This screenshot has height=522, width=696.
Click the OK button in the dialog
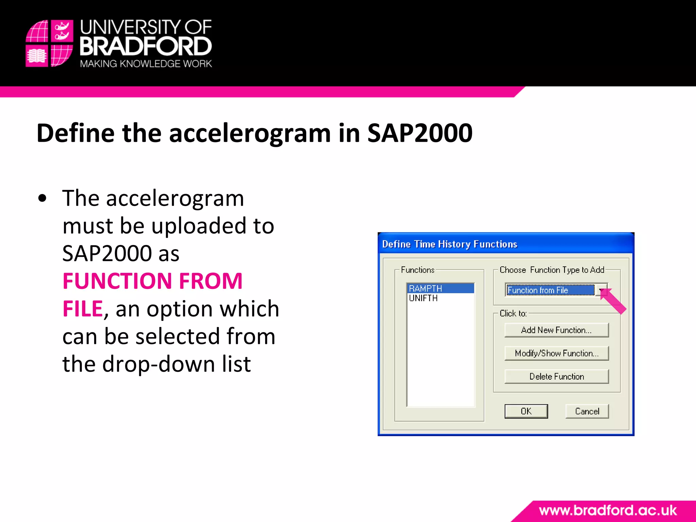click(526, 411)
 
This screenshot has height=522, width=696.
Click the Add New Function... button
click(556, 330)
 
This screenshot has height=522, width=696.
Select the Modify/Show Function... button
click(556, 353)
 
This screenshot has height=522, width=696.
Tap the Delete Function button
click(556, 377)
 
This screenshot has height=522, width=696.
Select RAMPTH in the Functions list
click(425, 289)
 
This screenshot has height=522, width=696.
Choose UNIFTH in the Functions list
click(423, 298)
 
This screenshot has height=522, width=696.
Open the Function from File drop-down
click(601, 290)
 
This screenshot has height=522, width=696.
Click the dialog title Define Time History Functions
click(449, 244)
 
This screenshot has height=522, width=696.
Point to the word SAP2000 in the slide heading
click(420, 133)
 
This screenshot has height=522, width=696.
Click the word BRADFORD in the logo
click(146, 47)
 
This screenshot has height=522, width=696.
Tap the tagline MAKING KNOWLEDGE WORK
click(146, 64)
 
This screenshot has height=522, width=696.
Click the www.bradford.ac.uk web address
click(608, 510)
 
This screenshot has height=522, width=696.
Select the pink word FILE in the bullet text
click(83, 309)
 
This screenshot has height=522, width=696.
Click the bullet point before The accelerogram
click(42, 198)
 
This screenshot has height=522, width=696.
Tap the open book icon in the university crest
click(37, 56)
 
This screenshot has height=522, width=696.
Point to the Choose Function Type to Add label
click(552, 270)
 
